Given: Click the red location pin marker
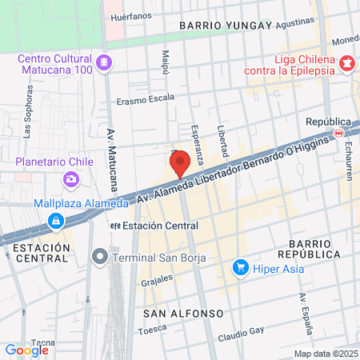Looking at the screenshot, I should (x=180, y=162).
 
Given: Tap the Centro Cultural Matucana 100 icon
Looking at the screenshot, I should (x=103, y=62).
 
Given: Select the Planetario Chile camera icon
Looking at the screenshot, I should (x=73, y=178).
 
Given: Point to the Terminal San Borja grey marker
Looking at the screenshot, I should (x=99, y=256).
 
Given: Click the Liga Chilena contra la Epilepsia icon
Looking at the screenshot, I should (x=347, y=62).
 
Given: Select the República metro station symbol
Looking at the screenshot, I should (x=339, y=133).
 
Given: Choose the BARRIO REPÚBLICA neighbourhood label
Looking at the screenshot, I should (x=314, y=248).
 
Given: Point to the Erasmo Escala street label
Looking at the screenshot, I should (x=145, y=101).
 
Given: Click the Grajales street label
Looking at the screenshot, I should (x=157, y=280).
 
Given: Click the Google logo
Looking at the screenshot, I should (x=26, y=350).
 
